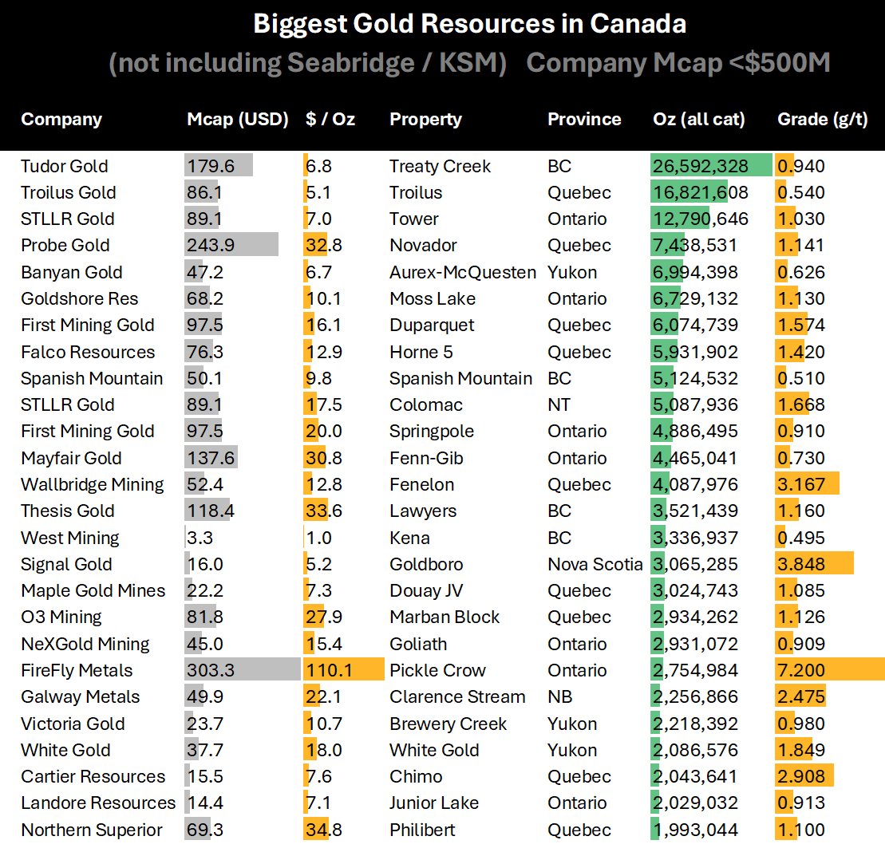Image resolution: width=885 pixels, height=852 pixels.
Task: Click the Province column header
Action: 583,120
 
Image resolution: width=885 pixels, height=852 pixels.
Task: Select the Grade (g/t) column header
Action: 822,120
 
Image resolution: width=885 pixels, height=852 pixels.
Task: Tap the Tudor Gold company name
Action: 65,166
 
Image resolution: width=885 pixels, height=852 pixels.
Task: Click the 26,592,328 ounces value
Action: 701,166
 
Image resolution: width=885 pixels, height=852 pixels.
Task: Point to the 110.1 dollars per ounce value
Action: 326,670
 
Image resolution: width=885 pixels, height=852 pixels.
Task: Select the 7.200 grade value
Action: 801,670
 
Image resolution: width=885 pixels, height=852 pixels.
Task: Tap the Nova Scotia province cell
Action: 595,564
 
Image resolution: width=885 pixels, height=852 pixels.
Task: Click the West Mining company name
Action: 70,538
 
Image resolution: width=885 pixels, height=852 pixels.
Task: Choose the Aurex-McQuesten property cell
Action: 463,272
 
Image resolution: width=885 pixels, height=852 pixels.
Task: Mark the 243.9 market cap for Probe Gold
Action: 204,245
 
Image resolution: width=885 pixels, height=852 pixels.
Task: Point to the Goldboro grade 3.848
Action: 801,564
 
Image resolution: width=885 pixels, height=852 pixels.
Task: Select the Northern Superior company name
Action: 92,830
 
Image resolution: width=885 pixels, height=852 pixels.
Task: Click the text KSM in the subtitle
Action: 468,64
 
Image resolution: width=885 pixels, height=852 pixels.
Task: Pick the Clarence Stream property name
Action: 457,696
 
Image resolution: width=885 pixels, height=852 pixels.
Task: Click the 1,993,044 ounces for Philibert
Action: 696,830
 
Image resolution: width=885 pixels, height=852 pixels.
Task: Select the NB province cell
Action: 559,696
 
